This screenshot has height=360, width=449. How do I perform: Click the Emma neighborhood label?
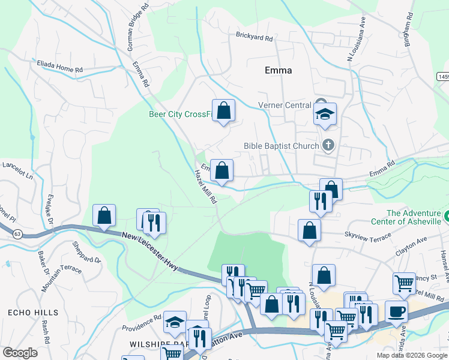(x=278, y=70)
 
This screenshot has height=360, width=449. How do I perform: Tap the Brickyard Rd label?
(x=255, y=38)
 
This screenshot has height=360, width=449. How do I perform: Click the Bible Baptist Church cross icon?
(x=328, y=145)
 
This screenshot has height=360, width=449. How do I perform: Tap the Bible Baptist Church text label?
(x=282, y=145)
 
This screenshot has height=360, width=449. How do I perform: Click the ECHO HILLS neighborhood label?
(x=34, y=313)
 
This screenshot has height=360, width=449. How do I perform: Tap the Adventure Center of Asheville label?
(x=414, y=217)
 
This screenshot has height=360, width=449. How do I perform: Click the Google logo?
(x=20, y=353)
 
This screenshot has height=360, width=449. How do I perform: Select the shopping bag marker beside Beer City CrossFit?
(x=223, y=111)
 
